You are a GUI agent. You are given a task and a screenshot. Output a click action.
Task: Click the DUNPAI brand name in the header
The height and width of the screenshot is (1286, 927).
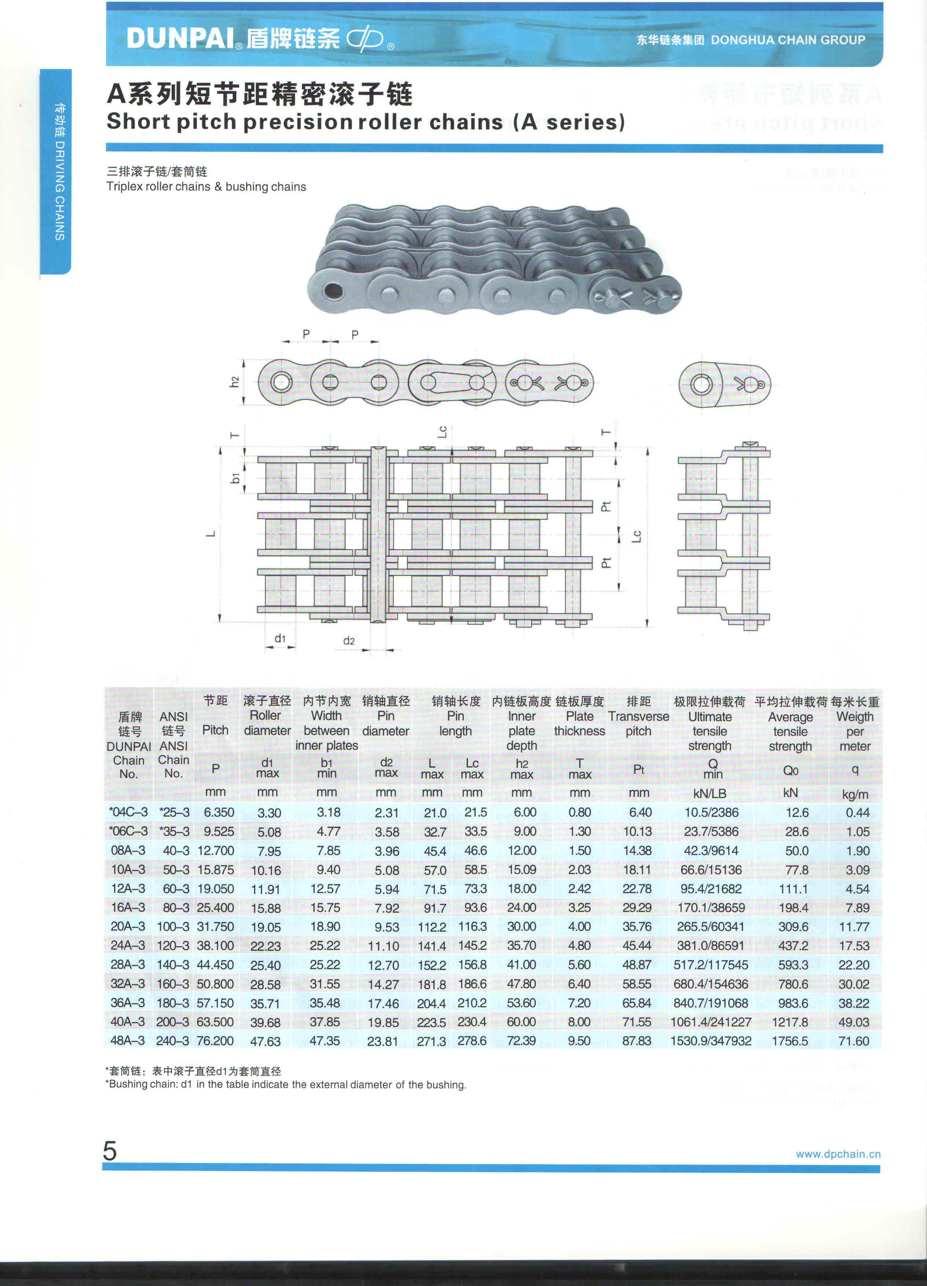pos(180,39)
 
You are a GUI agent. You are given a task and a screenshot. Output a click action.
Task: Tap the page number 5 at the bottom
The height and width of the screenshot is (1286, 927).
pos(110,1151)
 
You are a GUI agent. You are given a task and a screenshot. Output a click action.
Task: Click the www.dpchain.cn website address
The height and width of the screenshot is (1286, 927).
pos(838,1154)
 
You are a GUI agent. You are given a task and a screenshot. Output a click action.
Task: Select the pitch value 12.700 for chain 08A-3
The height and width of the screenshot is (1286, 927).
pos(216,851)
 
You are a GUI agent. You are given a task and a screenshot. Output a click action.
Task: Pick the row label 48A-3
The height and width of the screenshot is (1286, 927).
pos(128,1041)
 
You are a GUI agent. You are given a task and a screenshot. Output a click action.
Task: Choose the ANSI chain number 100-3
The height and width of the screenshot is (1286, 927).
pos(173,927)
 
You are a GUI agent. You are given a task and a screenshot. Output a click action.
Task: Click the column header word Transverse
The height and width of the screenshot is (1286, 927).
pos(638,716)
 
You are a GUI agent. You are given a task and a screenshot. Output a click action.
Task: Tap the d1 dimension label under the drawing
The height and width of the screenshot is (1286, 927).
pos(280,639)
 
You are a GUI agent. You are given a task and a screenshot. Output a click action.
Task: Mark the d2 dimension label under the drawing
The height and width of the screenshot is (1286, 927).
pos(349,641)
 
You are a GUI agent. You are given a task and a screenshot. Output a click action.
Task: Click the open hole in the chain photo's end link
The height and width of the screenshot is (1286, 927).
pos(332,292)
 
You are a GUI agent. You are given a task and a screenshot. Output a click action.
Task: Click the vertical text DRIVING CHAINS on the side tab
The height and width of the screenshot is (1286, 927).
pos(59,190)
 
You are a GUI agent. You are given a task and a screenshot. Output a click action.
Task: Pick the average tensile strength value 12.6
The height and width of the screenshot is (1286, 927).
pos(796,812)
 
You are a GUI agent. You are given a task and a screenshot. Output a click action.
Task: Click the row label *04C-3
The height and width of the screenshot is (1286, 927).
pos(128,812)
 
